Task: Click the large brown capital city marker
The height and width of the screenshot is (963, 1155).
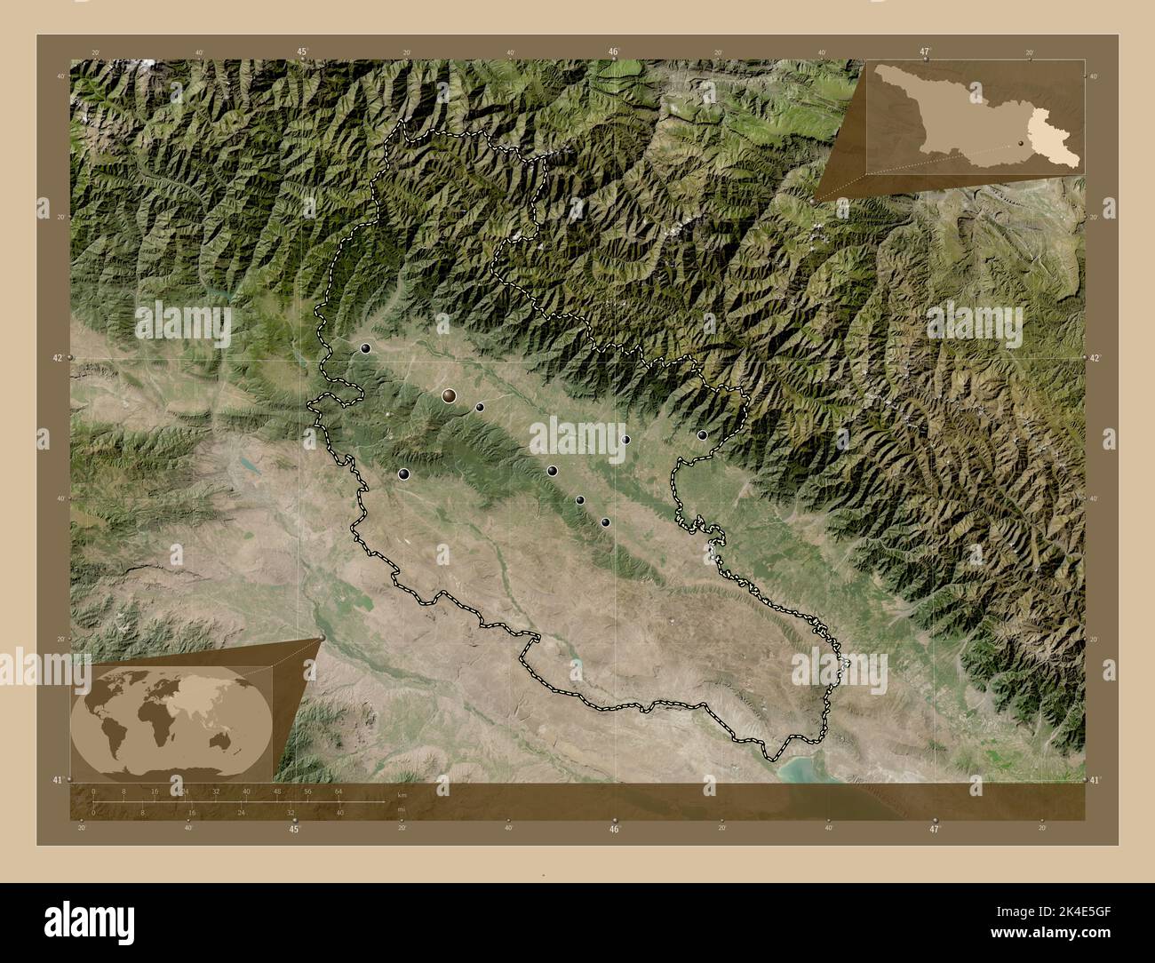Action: (450, 395)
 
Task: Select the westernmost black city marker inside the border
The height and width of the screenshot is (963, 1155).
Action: (365, 349)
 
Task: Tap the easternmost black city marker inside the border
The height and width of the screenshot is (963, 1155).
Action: (702, 435)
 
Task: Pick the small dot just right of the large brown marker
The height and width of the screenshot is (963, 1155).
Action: (480, 408)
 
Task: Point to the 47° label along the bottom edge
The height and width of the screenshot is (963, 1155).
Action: (934, 830)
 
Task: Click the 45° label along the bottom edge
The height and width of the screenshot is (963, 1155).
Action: (294, 830)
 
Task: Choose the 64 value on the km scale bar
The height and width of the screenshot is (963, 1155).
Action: (339, 790)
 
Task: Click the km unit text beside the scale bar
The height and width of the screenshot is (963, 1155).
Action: (402, 795)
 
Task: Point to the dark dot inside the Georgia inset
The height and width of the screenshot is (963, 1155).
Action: (1022, 141)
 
